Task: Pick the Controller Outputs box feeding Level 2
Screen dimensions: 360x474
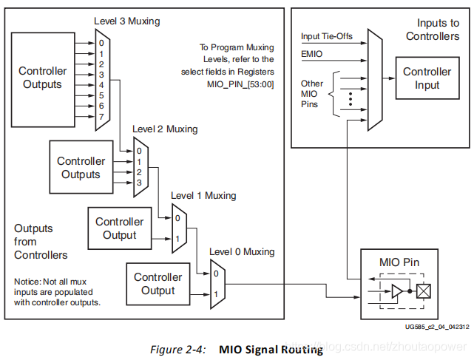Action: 81,168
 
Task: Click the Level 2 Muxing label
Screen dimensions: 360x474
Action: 165,129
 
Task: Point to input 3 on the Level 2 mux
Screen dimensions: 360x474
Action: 139,182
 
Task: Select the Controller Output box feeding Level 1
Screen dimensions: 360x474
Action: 120,228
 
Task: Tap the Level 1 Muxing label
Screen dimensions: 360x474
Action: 203,196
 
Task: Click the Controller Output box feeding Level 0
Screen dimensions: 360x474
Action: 158,284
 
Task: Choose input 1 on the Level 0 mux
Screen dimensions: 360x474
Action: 216,295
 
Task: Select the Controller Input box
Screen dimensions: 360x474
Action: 427,78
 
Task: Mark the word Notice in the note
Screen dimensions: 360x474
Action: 28,281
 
